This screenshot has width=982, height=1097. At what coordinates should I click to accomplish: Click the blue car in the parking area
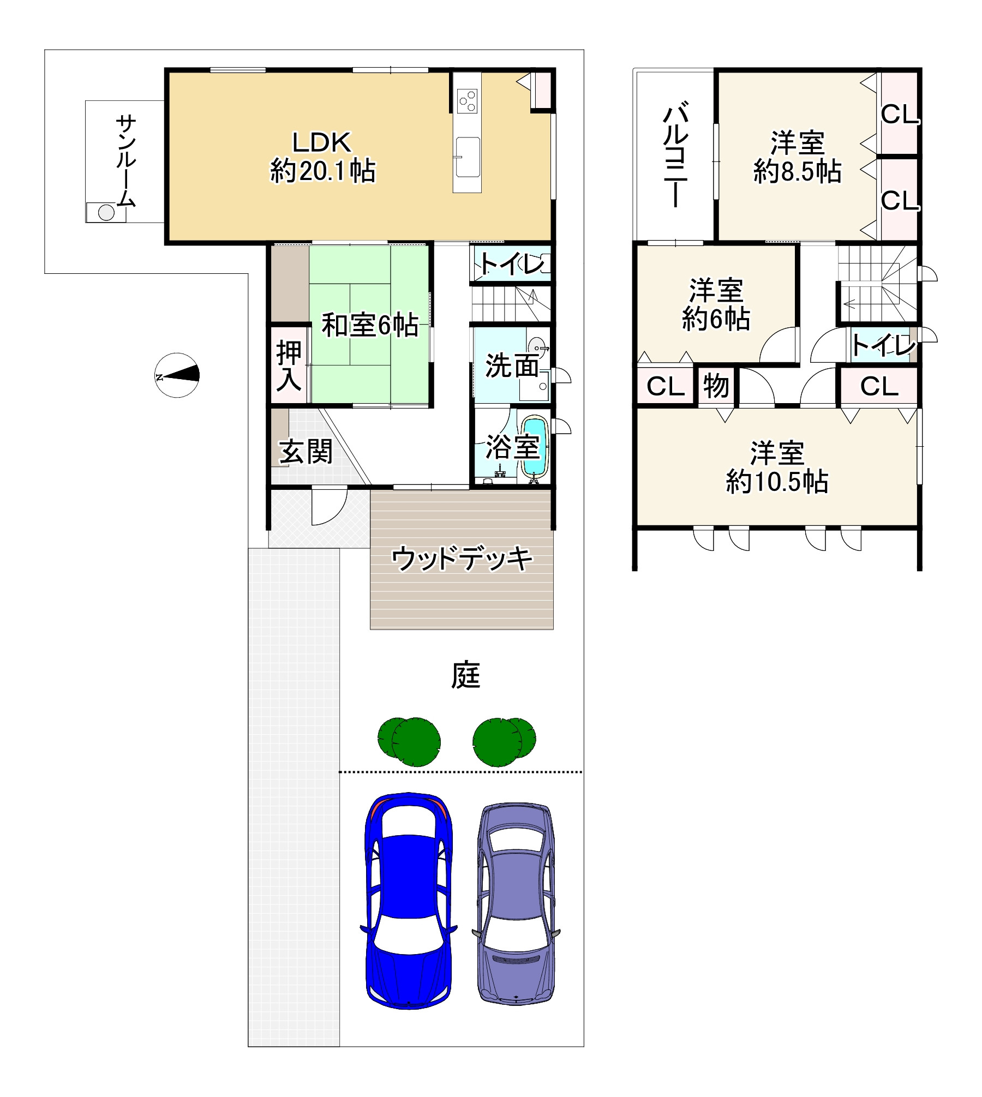click(408, 900)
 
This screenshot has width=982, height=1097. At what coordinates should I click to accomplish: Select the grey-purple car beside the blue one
click(516, 903)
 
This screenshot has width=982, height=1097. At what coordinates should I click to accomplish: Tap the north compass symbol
click(177, 375)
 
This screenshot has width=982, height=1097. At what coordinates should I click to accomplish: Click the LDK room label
click(322, 157)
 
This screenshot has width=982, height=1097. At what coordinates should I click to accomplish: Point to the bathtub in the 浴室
click(534, 447)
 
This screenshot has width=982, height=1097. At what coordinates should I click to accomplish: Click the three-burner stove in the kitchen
click(468, 101)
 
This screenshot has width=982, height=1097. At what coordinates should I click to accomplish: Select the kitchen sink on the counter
click(468, 157)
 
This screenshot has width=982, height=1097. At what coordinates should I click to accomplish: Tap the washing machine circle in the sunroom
click(106, 212)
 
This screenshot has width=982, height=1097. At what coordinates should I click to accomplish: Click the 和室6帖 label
click(370, 325)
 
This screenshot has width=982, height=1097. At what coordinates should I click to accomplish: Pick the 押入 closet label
click(289, 366)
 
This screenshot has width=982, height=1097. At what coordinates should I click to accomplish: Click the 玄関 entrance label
click(306, 452)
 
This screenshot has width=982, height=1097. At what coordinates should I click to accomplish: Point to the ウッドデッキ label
click(462, 558)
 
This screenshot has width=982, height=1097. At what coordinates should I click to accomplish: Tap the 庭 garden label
click(465, 675)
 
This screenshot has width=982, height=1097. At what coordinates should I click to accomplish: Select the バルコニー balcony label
click(675, 154)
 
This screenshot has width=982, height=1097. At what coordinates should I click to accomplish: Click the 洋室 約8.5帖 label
click(797, 157)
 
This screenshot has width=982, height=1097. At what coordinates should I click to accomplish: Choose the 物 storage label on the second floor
click(716, 386)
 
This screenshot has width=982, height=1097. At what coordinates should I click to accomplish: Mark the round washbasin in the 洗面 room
click(537, 346)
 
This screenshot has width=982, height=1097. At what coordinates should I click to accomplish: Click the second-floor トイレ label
click(883, 345)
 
